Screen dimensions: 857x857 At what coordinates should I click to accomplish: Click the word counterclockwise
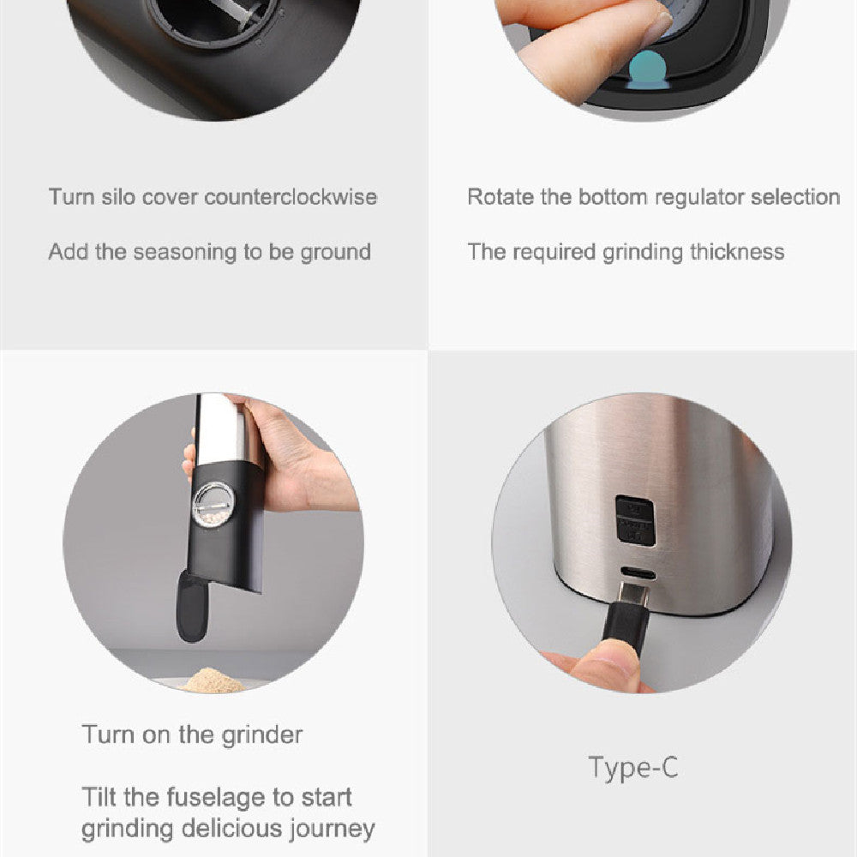tap(291, 197)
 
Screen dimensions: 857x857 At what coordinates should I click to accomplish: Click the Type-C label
tap(633, 767)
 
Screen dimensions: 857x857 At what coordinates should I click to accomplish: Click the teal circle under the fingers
tap(648, 70)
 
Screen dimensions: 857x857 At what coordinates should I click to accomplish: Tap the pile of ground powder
tap(212, 680)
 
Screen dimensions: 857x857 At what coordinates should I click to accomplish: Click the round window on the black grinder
tap(213, 505)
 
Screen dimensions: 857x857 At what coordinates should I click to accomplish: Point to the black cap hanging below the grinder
tap(191, 606)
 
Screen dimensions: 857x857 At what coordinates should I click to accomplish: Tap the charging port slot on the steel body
tap(638, 574)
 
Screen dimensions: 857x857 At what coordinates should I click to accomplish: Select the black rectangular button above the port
tap(635, 520)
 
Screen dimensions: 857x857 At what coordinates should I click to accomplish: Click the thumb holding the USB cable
tap(603, 668)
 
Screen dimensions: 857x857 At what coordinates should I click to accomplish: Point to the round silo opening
tap(213, 16)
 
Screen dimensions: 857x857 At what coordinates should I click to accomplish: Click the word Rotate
tap(500, 197)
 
